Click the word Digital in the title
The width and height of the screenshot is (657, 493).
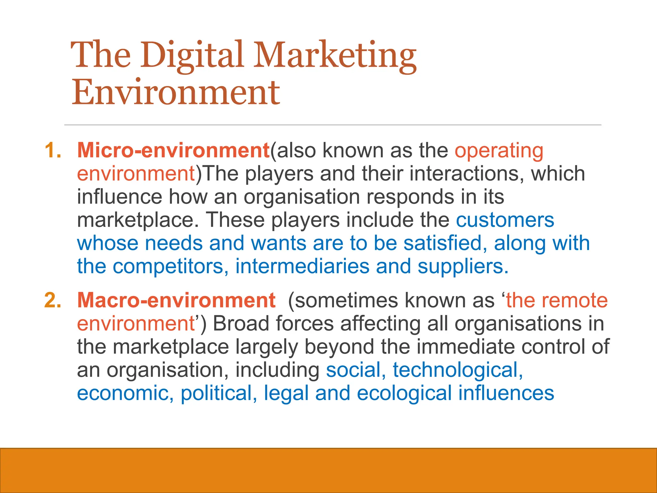click(192, 55)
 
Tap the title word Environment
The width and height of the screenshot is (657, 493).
click(176, 93)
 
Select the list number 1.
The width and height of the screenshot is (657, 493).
click(52, 150)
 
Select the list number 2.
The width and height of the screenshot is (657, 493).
click(52, 300)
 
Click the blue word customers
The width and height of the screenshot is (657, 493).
click(505, 220)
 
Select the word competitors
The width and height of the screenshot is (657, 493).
click(168, 266)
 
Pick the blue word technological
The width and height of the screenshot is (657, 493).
click(457, 370)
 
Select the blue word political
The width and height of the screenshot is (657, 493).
click(218, 394)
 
